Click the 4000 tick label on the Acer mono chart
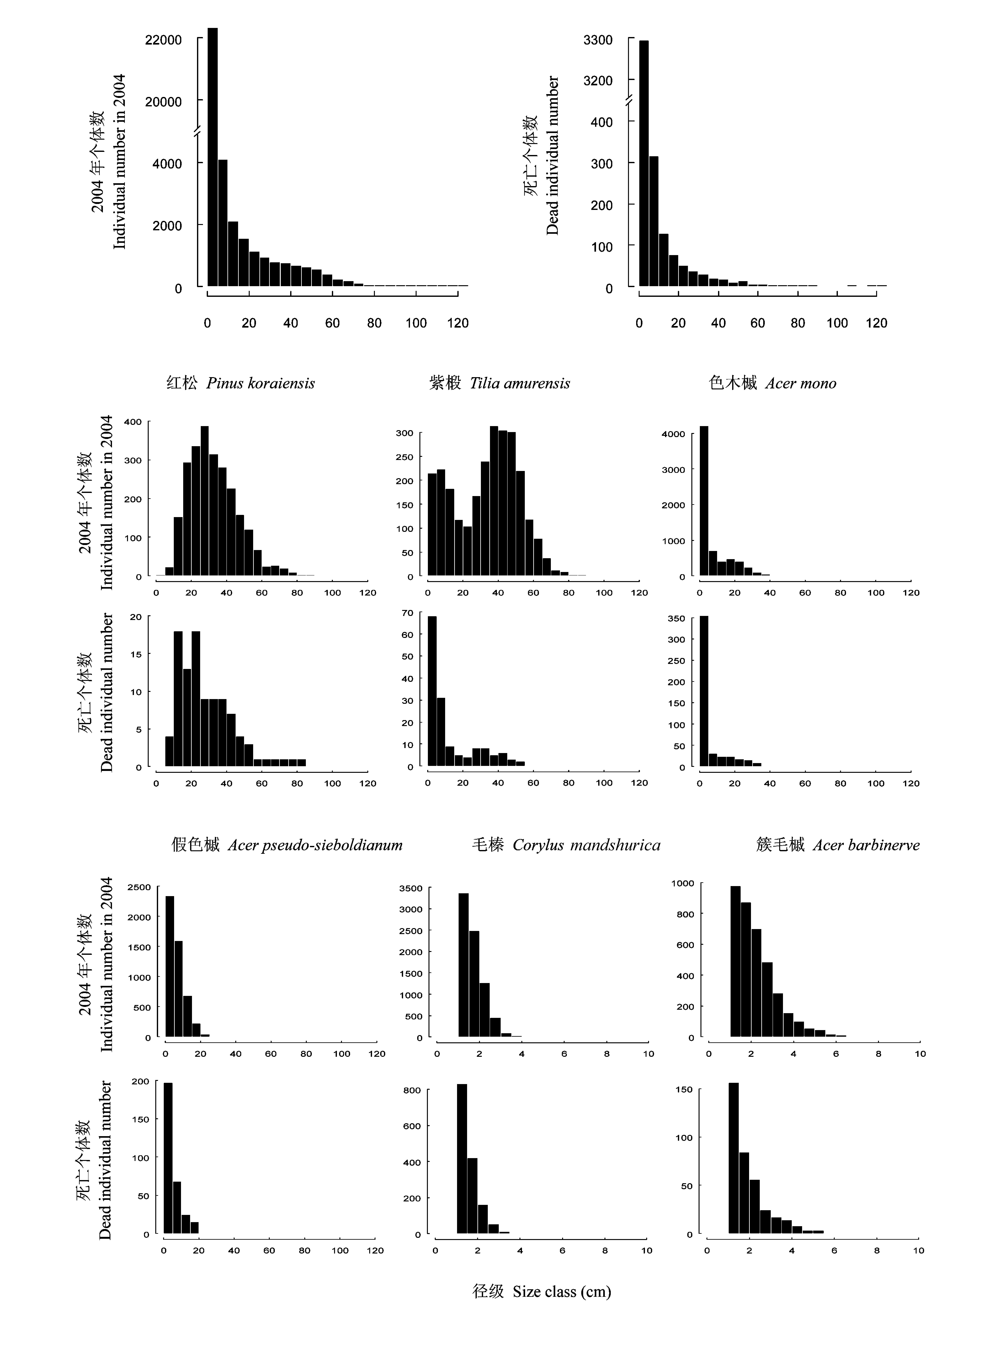tap(673, 434)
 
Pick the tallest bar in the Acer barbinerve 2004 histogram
tap(735, 960)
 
